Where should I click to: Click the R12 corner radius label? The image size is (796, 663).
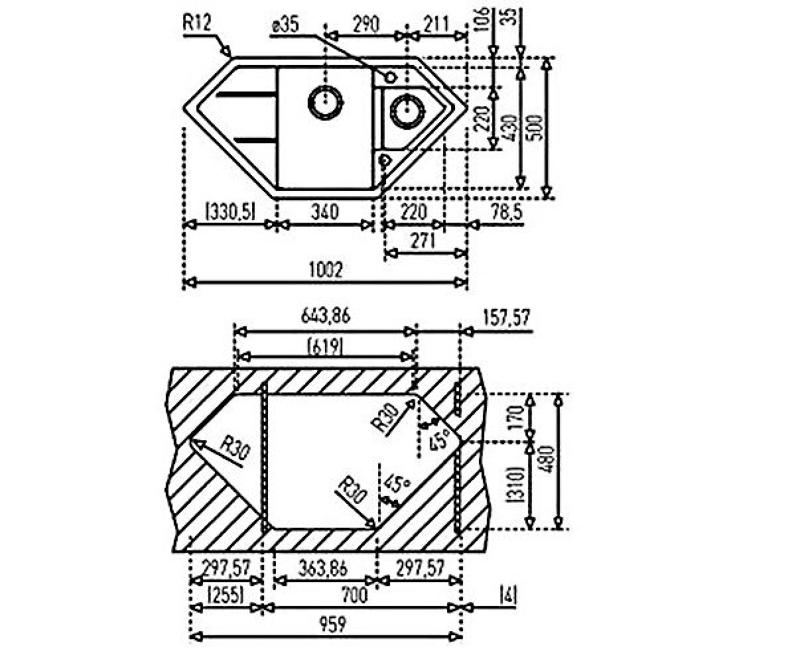pos(197,22)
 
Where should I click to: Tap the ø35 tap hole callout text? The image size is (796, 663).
pos(285,26)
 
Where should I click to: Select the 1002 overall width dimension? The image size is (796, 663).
pos(326,270)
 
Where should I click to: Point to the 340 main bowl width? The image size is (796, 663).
pos(325,212)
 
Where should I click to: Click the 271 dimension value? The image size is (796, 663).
pos(423,241)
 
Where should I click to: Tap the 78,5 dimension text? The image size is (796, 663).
pos(506,212)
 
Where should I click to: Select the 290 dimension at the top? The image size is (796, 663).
pos(366,24)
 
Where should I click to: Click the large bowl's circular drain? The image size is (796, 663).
pos(325,103)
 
